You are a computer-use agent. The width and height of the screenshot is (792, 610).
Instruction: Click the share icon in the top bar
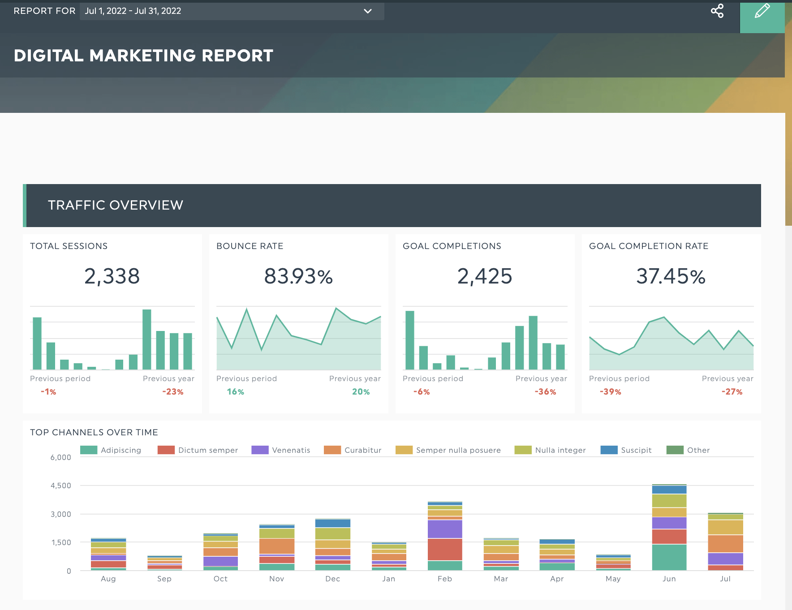click(x=717, y=11)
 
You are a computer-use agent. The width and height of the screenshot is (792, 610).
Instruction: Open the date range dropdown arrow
click(x=368, y=11)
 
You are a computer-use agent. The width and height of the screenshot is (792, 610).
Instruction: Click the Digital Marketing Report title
click(x=143, y=56)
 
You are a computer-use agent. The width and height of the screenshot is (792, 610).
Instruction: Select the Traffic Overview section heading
click(x=116, y=205)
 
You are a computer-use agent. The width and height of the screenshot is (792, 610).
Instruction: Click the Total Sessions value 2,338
click(x=112, y=276)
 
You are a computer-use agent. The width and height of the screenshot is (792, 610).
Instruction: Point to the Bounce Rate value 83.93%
click(x=298, y=276)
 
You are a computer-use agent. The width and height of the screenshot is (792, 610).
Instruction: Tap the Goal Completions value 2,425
click(x=485, y=276)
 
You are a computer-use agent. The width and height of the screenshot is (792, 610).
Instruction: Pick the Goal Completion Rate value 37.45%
click(x=671, y=276)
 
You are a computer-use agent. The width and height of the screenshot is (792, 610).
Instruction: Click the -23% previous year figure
click(x=173, y=392)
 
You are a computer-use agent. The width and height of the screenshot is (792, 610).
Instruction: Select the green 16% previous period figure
click(x=235, y=392)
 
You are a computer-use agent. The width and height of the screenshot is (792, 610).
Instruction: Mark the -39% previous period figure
click(x=611, y=392)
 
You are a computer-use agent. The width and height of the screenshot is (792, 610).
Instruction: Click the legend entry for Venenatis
click(x=281, y=450)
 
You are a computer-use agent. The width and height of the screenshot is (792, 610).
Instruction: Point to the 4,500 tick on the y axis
click(x=61, y=485)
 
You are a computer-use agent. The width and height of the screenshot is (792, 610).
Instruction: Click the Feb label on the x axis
click(x=445, y=579)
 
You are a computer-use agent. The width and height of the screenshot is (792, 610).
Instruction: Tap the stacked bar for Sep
click(x=164, y=563)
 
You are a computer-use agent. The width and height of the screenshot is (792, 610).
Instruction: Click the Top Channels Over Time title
click(x=94, y=432)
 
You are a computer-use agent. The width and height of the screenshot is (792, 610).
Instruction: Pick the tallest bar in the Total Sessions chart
click(x=147, y=339)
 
